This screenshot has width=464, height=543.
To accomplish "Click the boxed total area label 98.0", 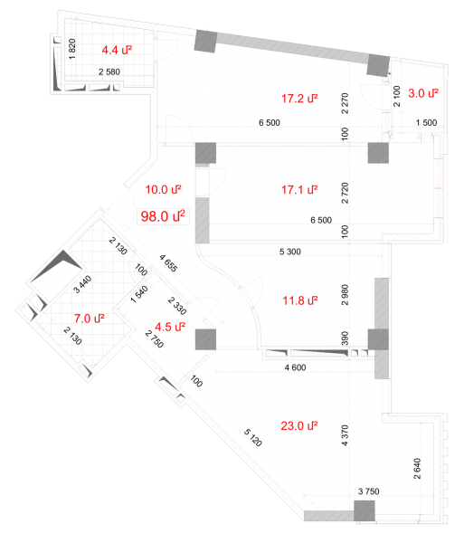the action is click(x=163, y=216).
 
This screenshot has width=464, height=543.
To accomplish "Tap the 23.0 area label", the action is click(x=299, y=425).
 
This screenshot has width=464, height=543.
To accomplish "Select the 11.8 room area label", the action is click(x=300, y=300).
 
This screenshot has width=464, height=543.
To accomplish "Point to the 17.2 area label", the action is click(x=299, y=99).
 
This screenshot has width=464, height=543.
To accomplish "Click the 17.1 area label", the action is click(x=299, y=190).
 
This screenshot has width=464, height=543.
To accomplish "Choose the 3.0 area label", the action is click(x=422, y=93).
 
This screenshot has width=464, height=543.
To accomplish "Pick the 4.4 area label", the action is click(x=117, y=50).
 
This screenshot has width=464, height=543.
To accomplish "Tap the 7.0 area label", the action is click(x=90, y=319).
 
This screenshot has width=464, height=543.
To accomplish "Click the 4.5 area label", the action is click(x=170, y=327).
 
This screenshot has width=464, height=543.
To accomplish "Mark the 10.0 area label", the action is click(x=164, y=190).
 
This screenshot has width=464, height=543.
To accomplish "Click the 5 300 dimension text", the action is click(x=290, y=252).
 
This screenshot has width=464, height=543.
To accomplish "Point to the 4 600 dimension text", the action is click(x=295, y=367).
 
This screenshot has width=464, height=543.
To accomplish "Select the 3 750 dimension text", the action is click(x=368, y=491).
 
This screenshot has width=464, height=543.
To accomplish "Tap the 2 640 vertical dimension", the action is click(x=417, y=469).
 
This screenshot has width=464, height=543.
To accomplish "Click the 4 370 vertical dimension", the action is click(x=345, y=435).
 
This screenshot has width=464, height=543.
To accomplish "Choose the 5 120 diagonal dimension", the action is click(x=253, y=437).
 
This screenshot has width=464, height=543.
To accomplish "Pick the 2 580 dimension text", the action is click(x=109, y=72).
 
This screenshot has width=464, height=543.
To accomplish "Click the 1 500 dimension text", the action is click(x=426, y=122).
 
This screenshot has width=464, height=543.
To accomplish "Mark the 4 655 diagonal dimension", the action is click(x=168, y=263).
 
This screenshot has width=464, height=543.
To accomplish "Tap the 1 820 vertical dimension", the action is click(x=72, y=49).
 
